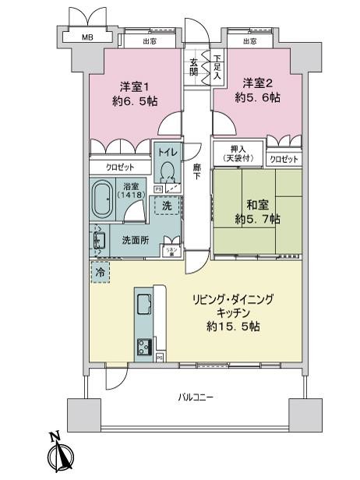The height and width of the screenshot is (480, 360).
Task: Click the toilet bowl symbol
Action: click(x=168, y=175)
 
